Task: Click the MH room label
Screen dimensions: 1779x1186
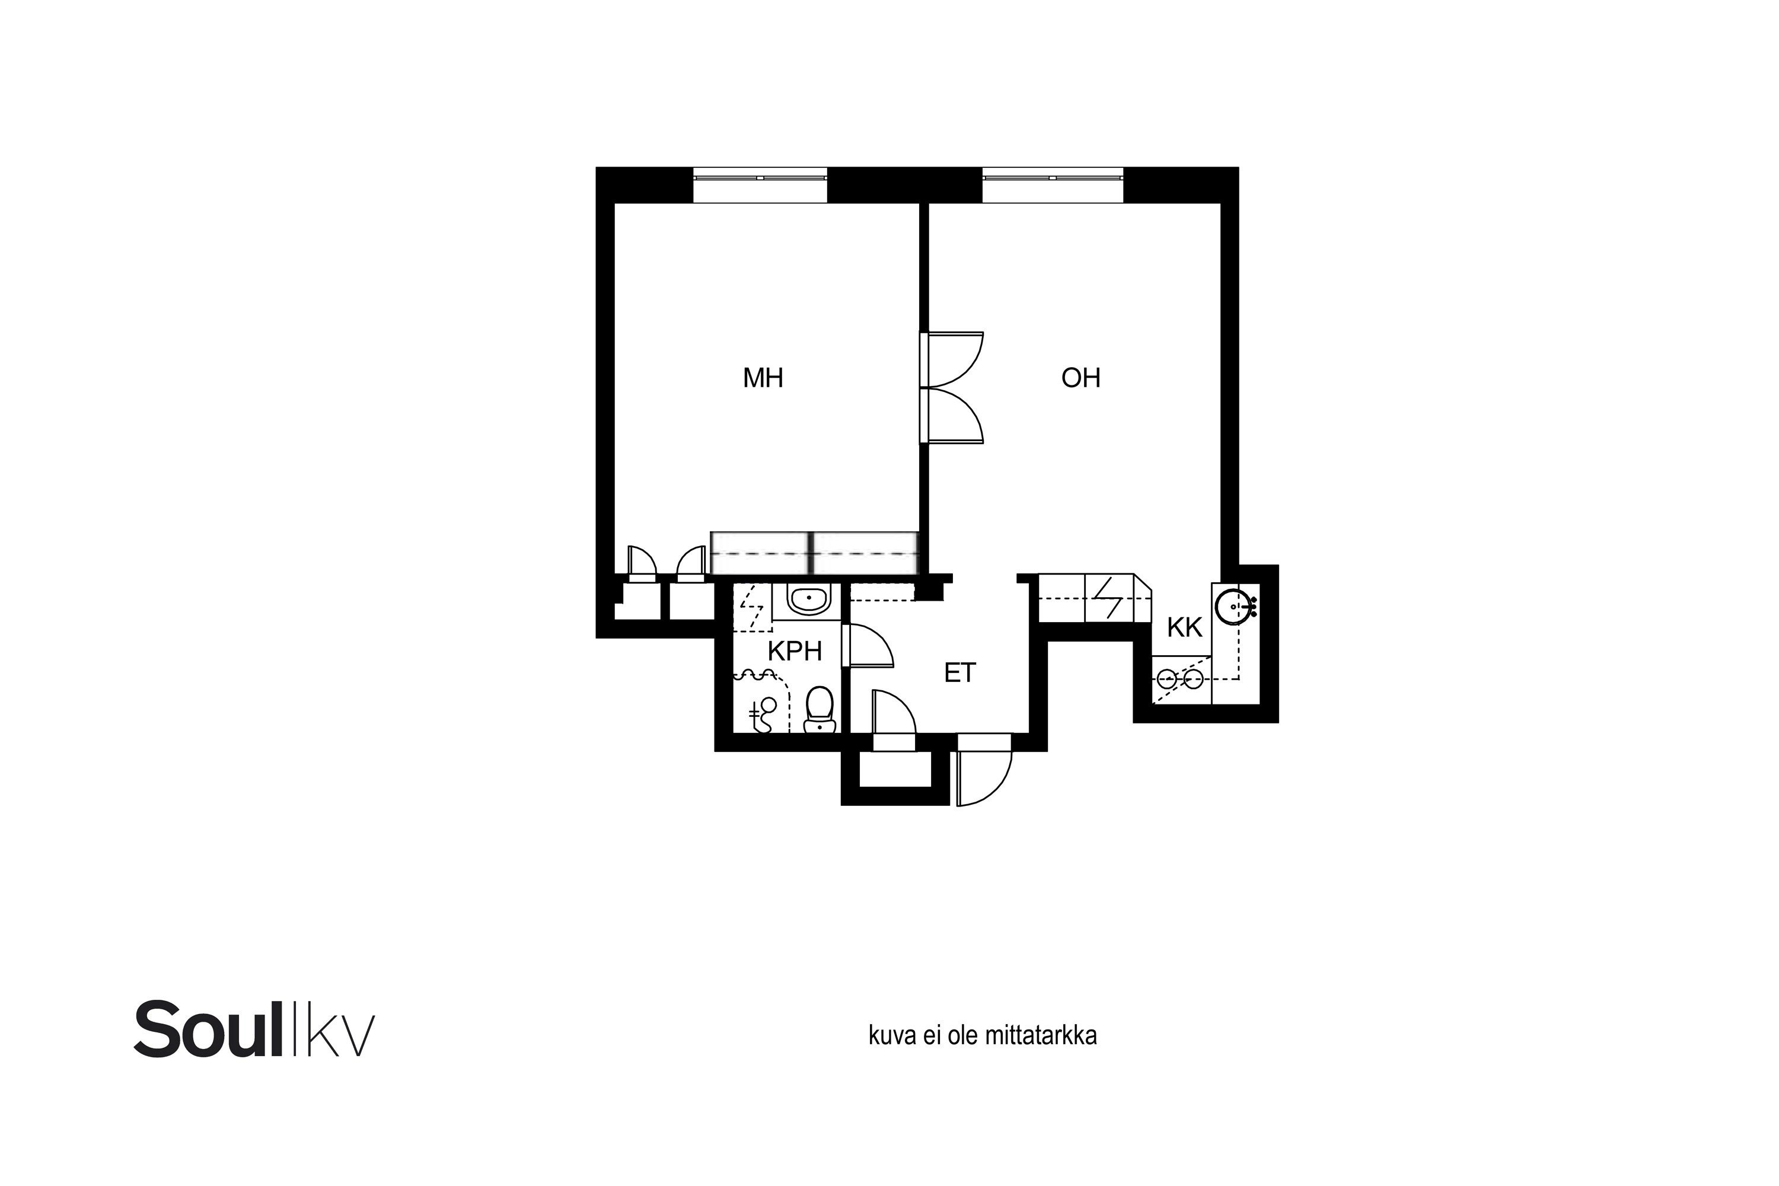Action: click(763, 377)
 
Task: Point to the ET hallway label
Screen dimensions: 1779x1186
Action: click(960, 672)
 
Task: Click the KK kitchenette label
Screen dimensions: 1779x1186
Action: click(1184, 627)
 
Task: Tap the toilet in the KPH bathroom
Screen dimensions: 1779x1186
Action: click(818, 709)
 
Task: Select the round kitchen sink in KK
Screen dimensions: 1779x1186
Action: click(1233, 605)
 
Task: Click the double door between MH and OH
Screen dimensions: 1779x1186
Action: click(952, 387)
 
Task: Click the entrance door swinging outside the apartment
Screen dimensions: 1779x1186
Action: click(984, 769)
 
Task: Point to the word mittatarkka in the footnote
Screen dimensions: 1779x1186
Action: click(1040, 1035)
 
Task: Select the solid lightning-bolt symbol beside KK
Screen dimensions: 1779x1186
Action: click(1109, 598)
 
